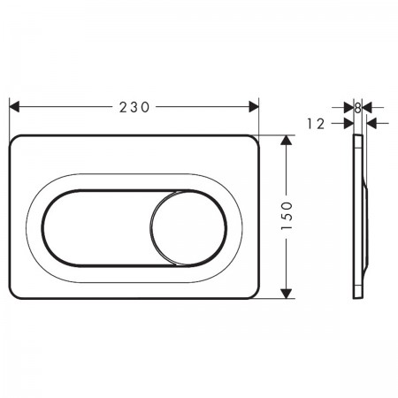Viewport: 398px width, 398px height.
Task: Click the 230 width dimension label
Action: [x=134, y=107]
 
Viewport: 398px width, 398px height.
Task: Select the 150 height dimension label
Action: [x=287, y=216]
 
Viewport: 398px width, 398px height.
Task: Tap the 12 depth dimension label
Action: [x=316, y=124]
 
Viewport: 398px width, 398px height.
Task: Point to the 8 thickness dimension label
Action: [x=357, y=108]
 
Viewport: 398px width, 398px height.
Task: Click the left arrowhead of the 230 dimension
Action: [x=14, y=107]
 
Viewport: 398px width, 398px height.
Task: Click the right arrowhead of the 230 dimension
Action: [x=254, y=107]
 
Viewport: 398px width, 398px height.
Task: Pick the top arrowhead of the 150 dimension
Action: [x=286, y=140]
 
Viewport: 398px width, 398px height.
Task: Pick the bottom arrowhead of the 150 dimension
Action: [x=286, y=294]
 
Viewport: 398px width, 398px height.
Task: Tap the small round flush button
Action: [x=188, y=228]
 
